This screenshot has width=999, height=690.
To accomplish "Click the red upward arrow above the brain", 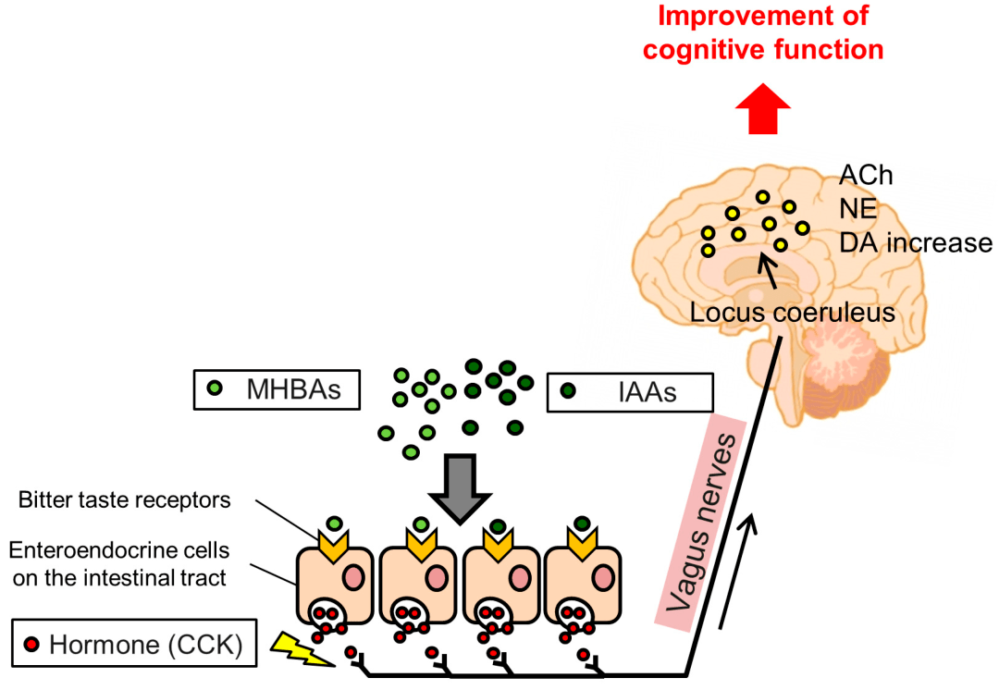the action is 762,108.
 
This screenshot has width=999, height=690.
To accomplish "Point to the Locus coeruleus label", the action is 792,313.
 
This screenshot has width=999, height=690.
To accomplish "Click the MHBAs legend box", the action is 277,389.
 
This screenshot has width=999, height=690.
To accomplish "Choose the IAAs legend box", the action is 630,392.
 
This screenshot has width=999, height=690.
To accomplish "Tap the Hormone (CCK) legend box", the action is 134,644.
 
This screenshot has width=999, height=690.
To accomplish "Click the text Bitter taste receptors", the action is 124,500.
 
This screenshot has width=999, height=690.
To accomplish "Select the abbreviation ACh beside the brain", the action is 866,175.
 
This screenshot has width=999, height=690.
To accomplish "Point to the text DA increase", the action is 916,242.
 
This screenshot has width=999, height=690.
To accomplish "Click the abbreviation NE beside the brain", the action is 857,209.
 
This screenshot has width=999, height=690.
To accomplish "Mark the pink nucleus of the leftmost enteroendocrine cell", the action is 353,578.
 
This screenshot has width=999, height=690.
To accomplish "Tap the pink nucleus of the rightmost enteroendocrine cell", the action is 602,578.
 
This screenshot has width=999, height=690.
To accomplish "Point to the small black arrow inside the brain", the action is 768,270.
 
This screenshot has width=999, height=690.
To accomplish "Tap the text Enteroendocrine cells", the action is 119,549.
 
